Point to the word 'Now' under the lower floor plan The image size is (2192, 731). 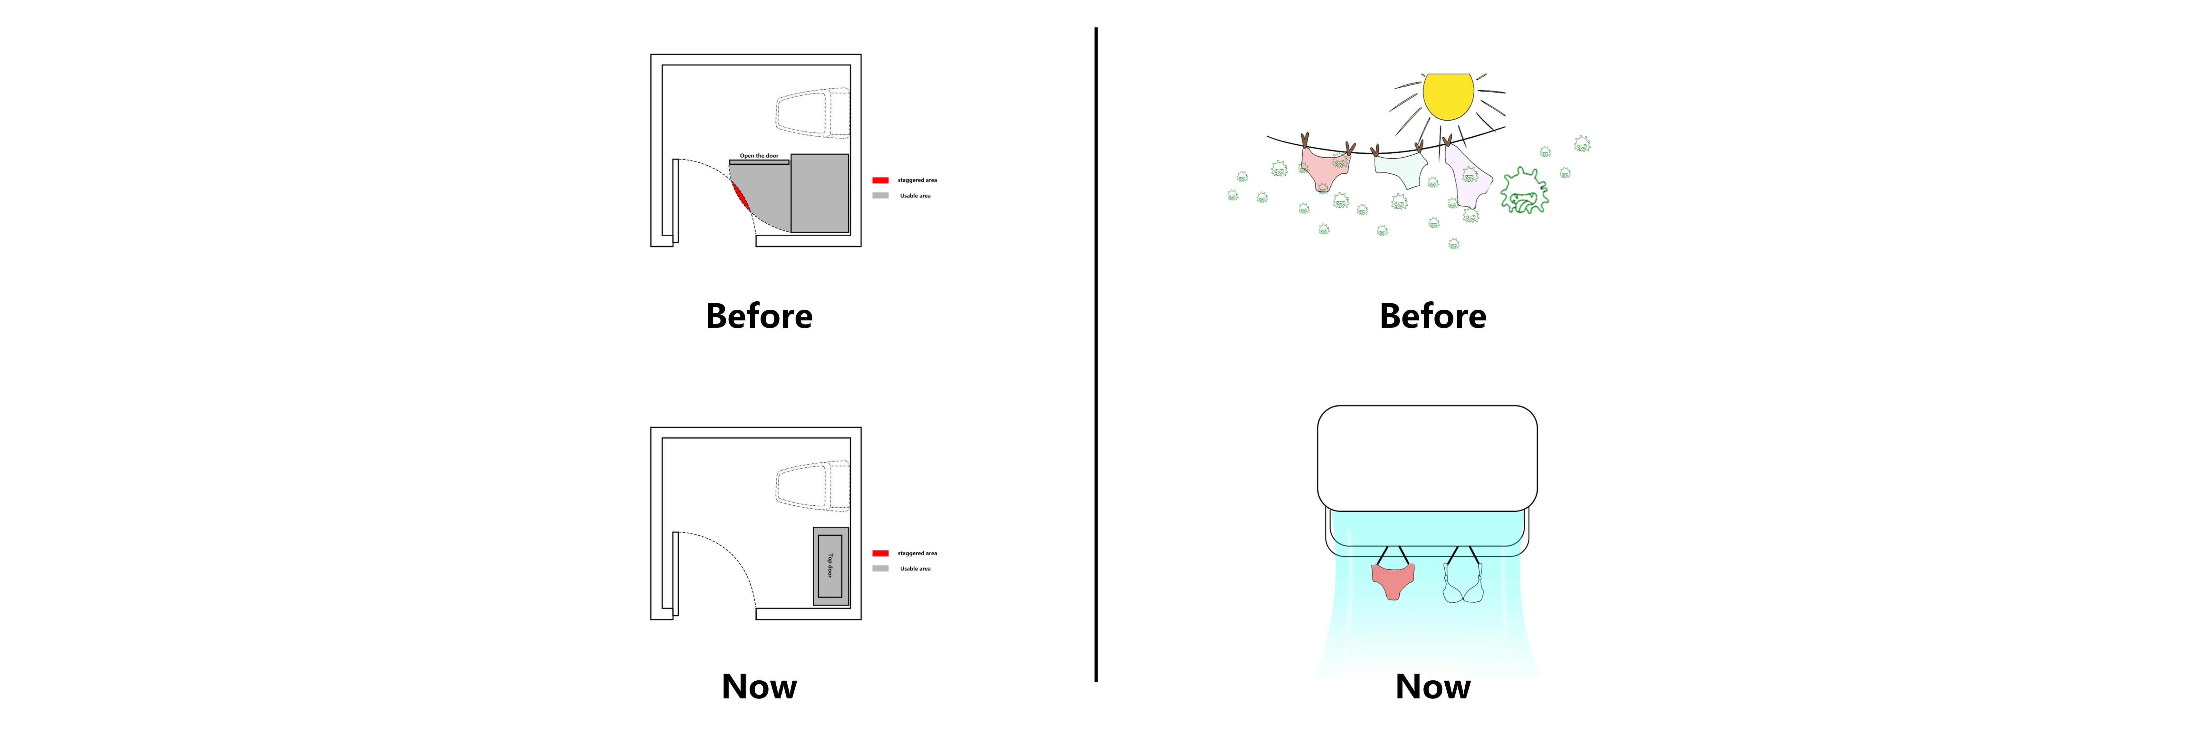pos(759,686)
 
